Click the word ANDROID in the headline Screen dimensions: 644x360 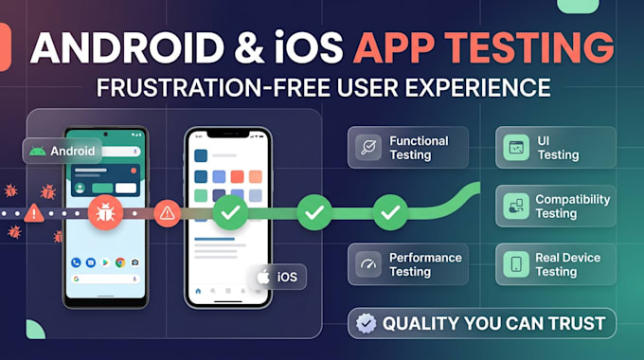point(127,47)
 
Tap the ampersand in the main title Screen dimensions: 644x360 point(249,47)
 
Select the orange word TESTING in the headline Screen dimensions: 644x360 point(529,47)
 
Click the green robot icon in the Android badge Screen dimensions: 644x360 point(37,152)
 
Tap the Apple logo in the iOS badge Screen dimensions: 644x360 point(263,277)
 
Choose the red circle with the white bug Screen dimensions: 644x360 point(105,212)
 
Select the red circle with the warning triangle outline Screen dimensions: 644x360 point(168,213)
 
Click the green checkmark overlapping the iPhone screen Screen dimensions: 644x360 point(230,212)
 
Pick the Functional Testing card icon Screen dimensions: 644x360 point(368,147)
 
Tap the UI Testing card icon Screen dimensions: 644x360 point(516,147)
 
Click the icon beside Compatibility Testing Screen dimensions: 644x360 point(516,206)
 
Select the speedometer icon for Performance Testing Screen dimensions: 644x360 point(368,264)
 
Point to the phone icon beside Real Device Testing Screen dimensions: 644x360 point(516,264)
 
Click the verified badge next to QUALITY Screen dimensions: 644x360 point(366,323)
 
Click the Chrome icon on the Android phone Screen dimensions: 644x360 point(120,262)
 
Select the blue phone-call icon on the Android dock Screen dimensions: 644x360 point(76,262)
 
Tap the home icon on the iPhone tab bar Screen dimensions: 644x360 point(198,291)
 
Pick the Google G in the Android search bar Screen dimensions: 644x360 point(76,279)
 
